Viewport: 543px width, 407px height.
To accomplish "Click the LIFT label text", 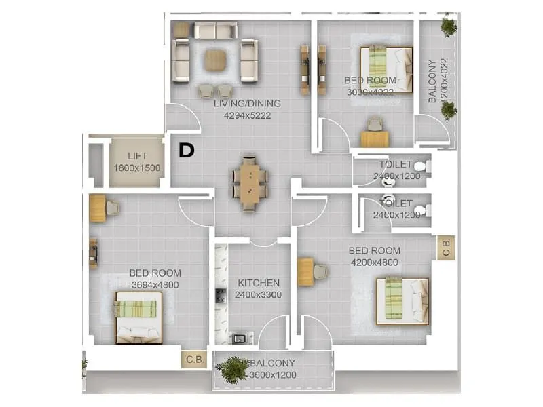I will [136, 156].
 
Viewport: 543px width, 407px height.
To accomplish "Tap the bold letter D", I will [187, 151].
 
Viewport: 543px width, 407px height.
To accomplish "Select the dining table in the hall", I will [249, 181].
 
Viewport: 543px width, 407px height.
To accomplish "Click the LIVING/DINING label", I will [247, 104].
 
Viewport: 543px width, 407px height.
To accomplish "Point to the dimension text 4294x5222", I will [247, 115].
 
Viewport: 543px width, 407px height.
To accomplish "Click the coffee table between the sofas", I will [215, 60].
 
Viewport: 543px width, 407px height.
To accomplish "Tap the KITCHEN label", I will [258, 283].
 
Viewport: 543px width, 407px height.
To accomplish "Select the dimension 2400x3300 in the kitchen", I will [258, 294].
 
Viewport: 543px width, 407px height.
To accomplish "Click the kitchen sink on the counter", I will [238, 338].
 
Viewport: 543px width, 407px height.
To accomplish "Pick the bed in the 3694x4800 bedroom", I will [138, 317].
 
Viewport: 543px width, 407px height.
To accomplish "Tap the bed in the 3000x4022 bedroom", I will [386, 69].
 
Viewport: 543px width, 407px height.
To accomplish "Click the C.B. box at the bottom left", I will [193, 358].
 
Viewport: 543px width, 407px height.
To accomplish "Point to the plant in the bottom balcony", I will [233, 370].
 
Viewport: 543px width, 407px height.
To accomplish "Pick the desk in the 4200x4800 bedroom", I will [305, 272].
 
